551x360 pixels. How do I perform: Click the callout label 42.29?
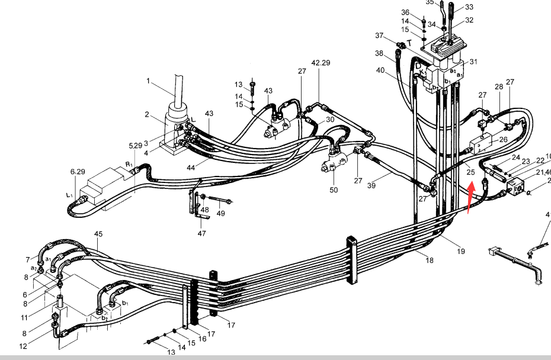(321, 62)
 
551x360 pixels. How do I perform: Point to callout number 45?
(98, 234)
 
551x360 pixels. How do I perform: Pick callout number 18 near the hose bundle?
(429, 260)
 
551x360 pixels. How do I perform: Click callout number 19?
(460, 251)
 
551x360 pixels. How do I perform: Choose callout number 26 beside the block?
(503, 140)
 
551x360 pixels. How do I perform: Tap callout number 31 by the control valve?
(473, 62)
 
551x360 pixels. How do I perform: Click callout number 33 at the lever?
(469, 7)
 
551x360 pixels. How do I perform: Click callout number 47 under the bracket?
(201, 234)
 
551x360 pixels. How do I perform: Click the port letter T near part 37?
(409, 43)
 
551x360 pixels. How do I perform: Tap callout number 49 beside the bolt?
(220, 213)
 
